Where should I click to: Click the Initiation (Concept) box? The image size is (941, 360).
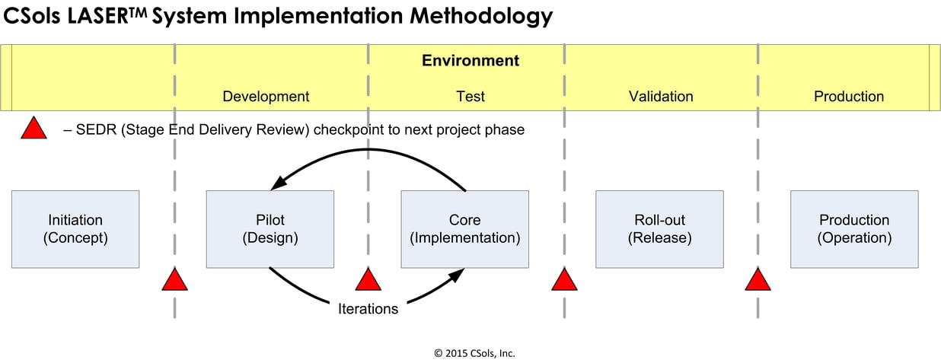(x=75, y=229)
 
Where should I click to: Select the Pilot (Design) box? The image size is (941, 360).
(x=270, y=229)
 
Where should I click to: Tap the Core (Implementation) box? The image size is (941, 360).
(x=465, y=229)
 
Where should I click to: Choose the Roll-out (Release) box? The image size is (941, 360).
(x=659, y=229)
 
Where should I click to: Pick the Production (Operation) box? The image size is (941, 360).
(x=854, y=229)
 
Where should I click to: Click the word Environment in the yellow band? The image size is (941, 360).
(x=470, y=61)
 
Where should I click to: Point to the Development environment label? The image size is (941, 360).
(x=266, y=97)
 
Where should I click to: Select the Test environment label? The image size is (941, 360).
(x=470, y=97)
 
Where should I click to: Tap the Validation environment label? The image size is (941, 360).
(x=661, y=97)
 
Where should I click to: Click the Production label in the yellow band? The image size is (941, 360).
(x=849, y=97)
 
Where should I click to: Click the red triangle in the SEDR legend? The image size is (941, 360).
(x=34, y=129)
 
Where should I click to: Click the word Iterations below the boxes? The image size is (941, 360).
(x=368, y=309)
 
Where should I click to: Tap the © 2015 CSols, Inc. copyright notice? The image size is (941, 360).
(x=474, y=352)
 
